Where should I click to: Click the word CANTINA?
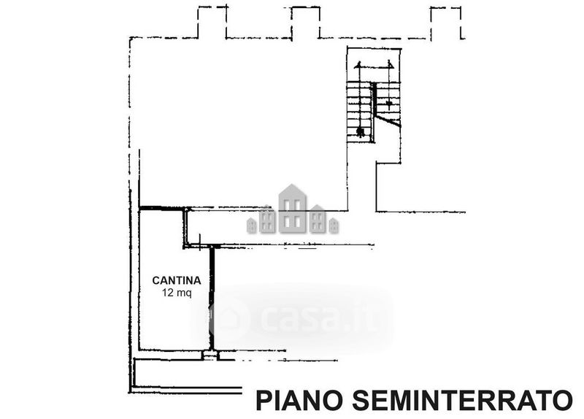[x=176, y=280]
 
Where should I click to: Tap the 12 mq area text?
[x=176, y=294]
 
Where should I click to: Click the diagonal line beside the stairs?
[x=388, y=121]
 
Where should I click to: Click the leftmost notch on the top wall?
[x=212, y=22]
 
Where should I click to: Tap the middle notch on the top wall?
[x=304, y=22]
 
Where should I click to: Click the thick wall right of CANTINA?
[x=212, y=299]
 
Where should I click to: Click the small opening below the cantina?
[x=210, y=355]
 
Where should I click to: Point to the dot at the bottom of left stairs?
[x=360, y=132]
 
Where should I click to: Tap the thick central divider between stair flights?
[x=374, y=109]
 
